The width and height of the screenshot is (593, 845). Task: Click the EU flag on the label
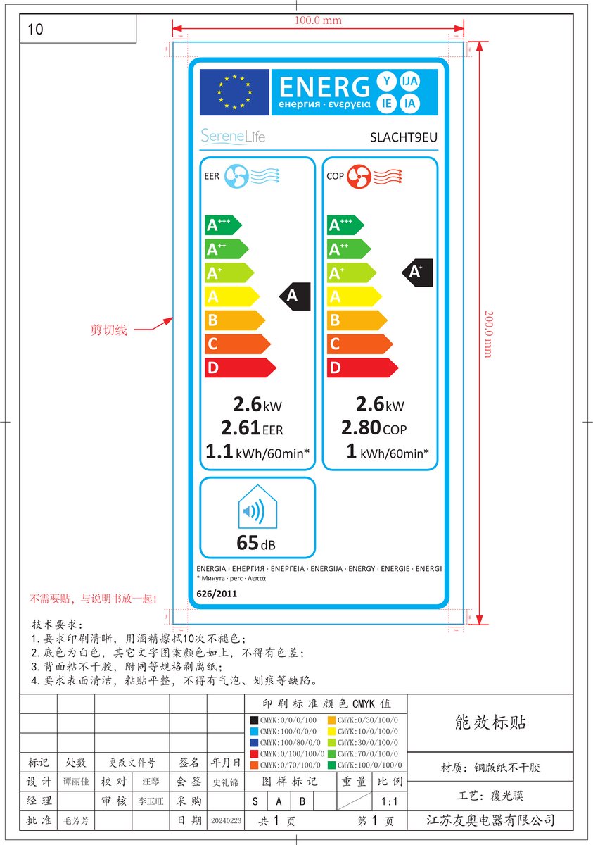(x=234, y=92)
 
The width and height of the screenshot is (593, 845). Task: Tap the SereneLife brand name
(x=233, y=136)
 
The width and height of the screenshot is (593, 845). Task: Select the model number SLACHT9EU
(x=404, y=137)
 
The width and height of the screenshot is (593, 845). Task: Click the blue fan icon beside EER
(x=236, y=176)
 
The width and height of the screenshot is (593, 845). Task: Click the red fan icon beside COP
(x=359, y=176)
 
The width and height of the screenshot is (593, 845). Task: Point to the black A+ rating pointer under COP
(x=416, y=272)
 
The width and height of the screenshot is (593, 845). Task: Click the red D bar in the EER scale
(x=239, y=368)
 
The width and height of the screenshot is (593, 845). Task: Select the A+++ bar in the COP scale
(x=345, y=225)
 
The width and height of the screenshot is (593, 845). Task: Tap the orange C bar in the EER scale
(x=236, y=344)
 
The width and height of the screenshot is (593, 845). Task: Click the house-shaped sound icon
(x=258, y=508)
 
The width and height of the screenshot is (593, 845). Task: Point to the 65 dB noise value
(x=256, y=544)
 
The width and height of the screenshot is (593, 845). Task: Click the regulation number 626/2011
(x=217, y=594)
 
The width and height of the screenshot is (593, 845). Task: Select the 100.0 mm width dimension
(x=318, y=20)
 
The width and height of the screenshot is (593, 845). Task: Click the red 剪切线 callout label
(x=109, y=330)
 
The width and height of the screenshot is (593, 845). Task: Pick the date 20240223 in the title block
(x=226, y=821)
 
